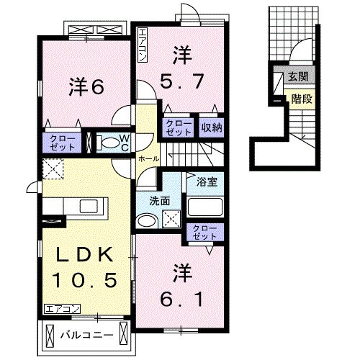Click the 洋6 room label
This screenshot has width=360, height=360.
87,86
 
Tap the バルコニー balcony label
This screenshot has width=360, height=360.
86,335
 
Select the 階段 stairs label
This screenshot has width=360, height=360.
302,99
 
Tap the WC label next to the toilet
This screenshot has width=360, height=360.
123,143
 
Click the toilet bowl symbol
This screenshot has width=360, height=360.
109,143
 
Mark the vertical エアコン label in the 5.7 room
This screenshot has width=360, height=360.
143,44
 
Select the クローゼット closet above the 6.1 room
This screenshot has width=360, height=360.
204,232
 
